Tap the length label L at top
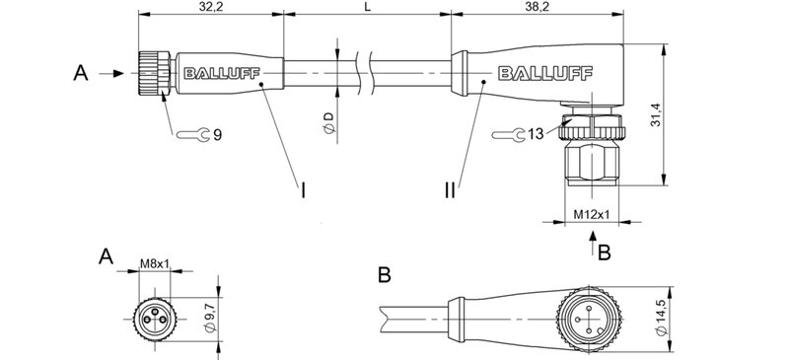(x=367, y=7)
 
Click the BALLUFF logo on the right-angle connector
(x=539, y=72)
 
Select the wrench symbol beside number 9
(x=196, y=135)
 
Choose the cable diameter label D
(x=329, y=123)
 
